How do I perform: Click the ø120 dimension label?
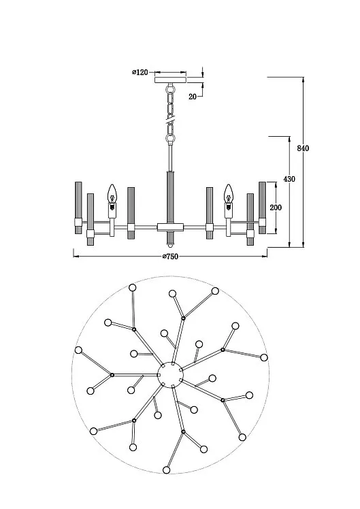tap(140, 72)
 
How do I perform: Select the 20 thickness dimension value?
tap(193, 97)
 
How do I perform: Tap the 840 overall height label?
tap(303, 148)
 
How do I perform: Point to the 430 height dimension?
tap(289, 179)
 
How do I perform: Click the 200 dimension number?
tap(276, 207)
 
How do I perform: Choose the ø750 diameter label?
tap(170, 257)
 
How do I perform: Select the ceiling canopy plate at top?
tap(171, 80)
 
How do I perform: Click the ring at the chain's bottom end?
tap(170, 138)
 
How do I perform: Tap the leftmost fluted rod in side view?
tap(78, 208)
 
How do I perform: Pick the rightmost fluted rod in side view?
tap(262, 208)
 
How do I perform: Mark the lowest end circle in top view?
tap(167, 470)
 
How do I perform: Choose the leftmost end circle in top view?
tap(78, 350)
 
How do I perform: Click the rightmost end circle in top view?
tap(264, 357)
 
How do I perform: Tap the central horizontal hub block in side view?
tap(171, 227)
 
